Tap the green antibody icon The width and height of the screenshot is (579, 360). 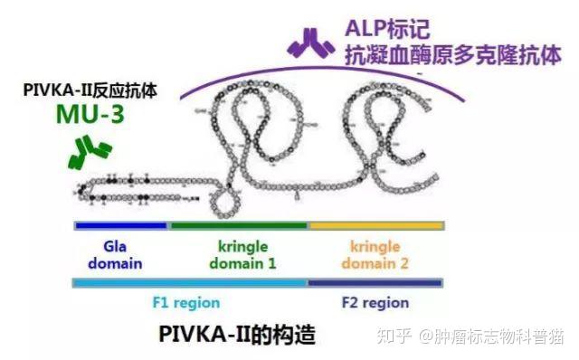click(x=90, y=152)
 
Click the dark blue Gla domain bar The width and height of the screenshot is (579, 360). click(x=121, y=224)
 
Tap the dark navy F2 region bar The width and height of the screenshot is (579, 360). click(x=375, y=283)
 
